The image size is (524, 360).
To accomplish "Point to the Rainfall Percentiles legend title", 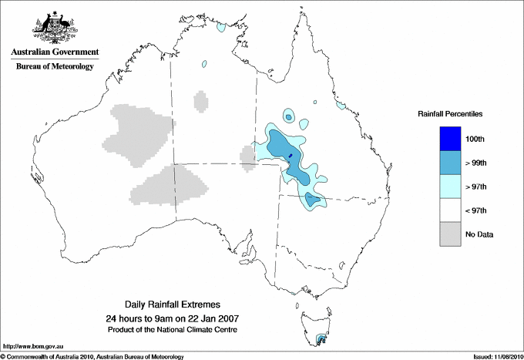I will pos(450,113).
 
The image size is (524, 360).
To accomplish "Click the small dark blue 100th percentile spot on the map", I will pos(291,156).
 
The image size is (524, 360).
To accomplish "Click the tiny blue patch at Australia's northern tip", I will pos(222,28).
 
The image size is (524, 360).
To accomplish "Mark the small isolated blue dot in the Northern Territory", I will pos(205,64).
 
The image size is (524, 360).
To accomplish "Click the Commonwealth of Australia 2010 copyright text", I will pos(92,356).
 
